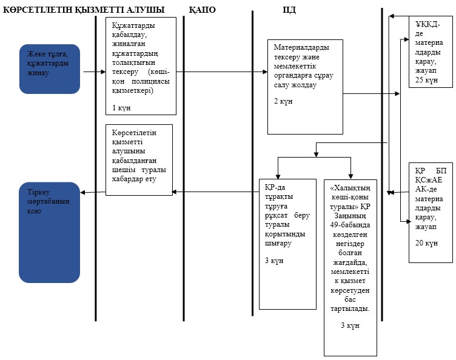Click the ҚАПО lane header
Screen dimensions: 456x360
tap(202, 10)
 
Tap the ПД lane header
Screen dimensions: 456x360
tap(289, 10)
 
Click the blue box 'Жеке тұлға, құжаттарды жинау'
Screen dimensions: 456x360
tap(50, 69)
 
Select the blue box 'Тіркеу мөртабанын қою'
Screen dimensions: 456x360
tap(50, 233)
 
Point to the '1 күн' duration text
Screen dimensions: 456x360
tap(121, 108)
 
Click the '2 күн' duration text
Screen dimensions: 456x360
tap(283, 101)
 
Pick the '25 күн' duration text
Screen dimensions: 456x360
tap(426, 80)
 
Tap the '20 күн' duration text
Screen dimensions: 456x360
tap(426, 243)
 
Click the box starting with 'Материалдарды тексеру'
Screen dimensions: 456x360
tap(305, 87)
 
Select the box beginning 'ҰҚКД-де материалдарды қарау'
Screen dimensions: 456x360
tap(431, 52)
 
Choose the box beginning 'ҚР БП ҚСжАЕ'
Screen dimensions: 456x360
tap(431, 213)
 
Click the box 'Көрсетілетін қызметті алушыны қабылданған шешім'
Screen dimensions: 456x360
tap(139, 160)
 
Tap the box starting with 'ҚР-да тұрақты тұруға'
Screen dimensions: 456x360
tap(287, 244)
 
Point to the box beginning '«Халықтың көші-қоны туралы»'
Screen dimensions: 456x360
tap(350, 268)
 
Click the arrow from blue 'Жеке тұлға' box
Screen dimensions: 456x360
tap(95, 72)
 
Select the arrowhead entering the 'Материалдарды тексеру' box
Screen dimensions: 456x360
tap(265, 72)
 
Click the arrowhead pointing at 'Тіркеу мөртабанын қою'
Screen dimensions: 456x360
tap(82, 192)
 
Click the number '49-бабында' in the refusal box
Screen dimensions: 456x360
tap(350, 225)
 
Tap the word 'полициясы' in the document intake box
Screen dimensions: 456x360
tap(150, 81)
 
